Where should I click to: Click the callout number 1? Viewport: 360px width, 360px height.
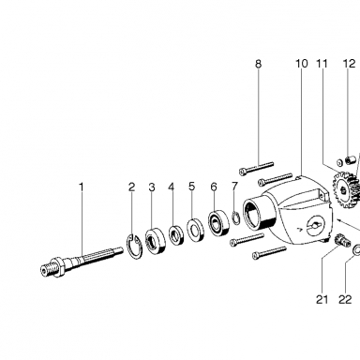82,187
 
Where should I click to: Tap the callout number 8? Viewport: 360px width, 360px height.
258,64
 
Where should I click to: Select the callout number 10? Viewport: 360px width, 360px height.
302,64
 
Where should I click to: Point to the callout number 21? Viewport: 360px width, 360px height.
322,300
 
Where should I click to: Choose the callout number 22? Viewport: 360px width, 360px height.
345,300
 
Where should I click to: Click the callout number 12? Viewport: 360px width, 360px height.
350,64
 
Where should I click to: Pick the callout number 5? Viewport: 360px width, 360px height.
191,187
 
